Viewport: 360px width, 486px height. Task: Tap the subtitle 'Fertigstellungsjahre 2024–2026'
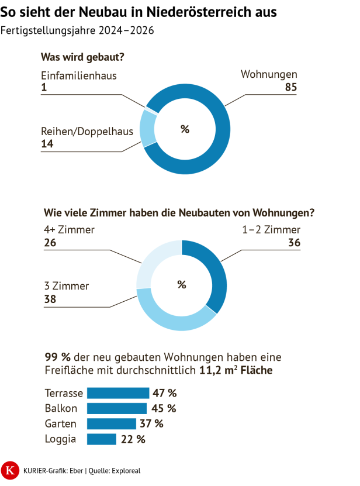coord(78,31)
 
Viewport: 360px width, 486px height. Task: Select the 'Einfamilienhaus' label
coord(79,75)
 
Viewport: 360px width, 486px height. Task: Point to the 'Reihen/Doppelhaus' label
coord(87,131)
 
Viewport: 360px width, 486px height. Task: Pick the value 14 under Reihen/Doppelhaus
coord(47,144)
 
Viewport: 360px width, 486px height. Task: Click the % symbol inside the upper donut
coord(185,129)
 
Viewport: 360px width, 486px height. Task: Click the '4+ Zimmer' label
coord(69,230)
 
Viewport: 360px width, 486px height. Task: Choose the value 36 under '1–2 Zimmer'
coord(293,243)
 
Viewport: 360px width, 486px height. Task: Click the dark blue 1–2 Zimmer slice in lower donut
coord(216,275)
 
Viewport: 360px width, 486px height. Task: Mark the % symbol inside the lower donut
coord(182,285)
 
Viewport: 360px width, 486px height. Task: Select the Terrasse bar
coord(118,393)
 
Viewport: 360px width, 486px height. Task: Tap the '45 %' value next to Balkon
coord(164,408)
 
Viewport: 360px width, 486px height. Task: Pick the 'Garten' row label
coord(61,423)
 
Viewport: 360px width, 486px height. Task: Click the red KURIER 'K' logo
coord(10,469)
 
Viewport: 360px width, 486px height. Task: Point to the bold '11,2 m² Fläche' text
coord(236,370)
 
